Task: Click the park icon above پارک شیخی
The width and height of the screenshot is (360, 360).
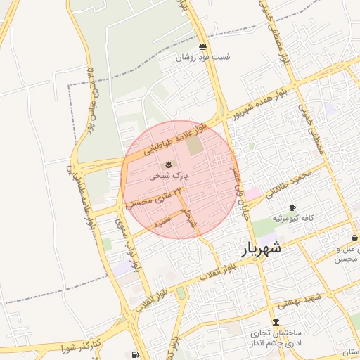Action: tap(167, 165)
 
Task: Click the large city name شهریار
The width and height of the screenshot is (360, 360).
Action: tap(262, 247)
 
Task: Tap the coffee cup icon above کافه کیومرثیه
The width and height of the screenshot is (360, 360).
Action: tap(292, 208)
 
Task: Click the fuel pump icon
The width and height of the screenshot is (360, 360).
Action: tap(134, 354)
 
